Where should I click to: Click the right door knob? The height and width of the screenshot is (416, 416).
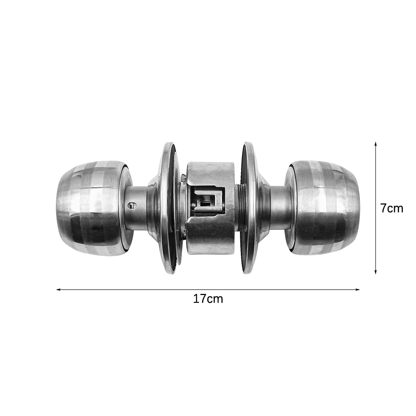click(x=322, y=208)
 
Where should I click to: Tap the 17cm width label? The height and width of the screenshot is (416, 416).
click(x=208, y=300)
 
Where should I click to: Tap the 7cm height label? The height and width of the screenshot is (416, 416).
click(x=391, y=209)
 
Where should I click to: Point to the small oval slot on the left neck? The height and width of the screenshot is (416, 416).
click(x=132, y=206)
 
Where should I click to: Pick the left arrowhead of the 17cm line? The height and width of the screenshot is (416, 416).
click(x=58, y=289)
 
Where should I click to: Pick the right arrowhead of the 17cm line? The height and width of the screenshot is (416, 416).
click(x=358, y=289)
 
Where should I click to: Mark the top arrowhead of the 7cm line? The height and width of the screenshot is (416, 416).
click(x=376, y=144)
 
